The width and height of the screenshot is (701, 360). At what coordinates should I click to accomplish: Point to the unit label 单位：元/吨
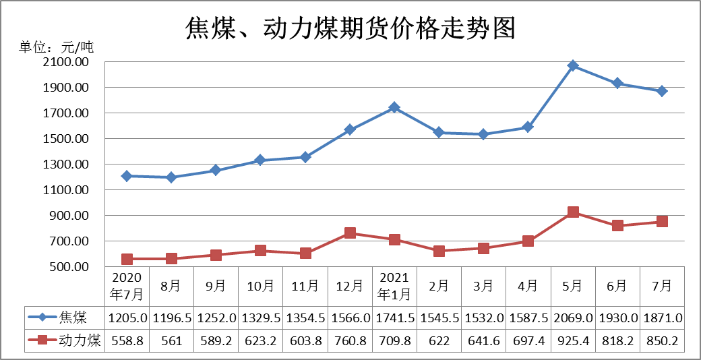[x=56, y=47]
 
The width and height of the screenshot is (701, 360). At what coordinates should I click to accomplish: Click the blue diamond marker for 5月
[x=573, y=65]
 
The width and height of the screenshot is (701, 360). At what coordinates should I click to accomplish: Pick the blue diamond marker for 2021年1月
[x=394, y=107]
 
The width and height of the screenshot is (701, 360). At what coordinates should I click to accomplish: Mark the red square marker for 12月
[x=350, y=233]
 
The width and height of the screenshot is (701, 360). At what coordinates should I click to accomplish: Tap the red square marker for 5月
[x=573, y=212]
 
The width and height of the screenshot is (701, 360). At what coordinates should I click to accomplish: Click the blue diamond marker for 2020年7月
[x=127, y=176]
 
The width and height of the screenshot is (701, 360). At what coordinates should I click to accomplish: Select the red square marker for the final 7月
[x=662, y=221]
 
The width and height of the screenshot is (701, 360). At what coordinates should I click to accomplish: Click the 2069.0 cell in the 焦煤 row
[x=573, y=318]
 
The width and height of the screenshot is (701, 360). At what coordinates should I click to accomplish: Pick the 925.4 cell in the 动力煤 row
[x=573, y=340]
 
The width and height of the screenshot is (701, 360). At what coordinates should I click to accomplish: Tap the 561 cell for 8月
[x=171, y=340]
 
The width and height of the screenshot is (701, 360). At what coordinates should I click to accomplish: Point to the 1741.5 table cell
[x=394, y=318]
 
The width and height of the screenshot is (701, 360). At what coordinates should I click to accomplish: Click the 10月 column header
[x=260, y=287]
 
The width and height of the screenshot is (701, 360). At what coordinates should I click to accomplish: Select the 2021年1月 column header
[x=394, y=287]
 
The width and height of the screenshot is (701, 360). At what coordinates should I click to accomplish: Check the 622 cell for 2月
[x=439, y=340]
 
